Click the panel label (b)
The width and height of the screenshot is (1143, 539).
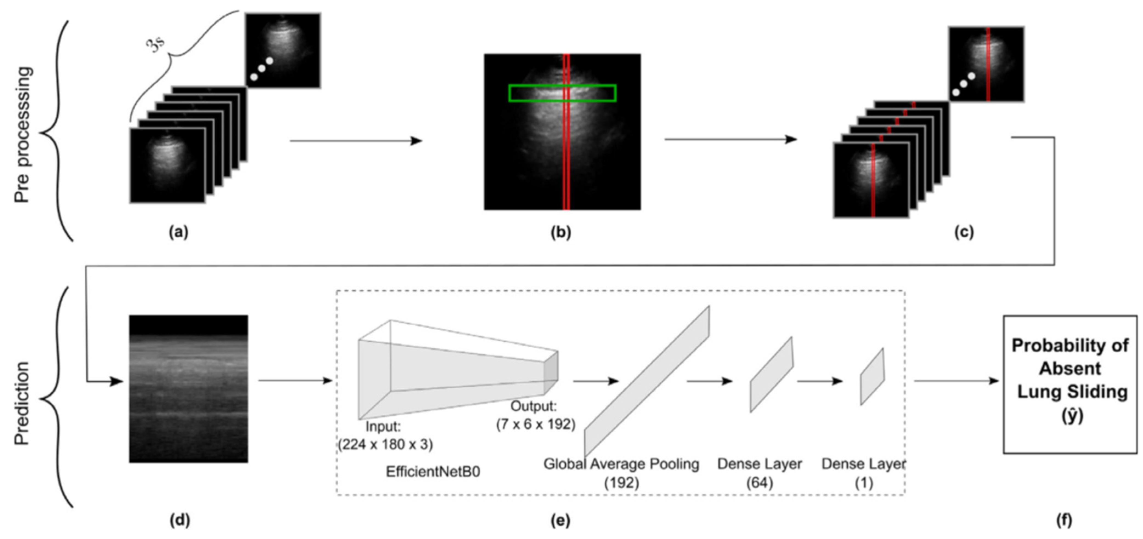(561, 232)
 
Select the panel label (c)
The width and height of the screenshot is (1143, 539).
(964, 232)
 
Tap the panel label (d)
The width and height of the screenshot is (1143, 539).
(180, 520)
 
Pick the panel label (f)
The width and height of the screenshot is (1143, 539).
(1064, 520)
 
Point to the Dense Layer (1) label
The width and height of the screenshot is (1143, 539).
(864, 472)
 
